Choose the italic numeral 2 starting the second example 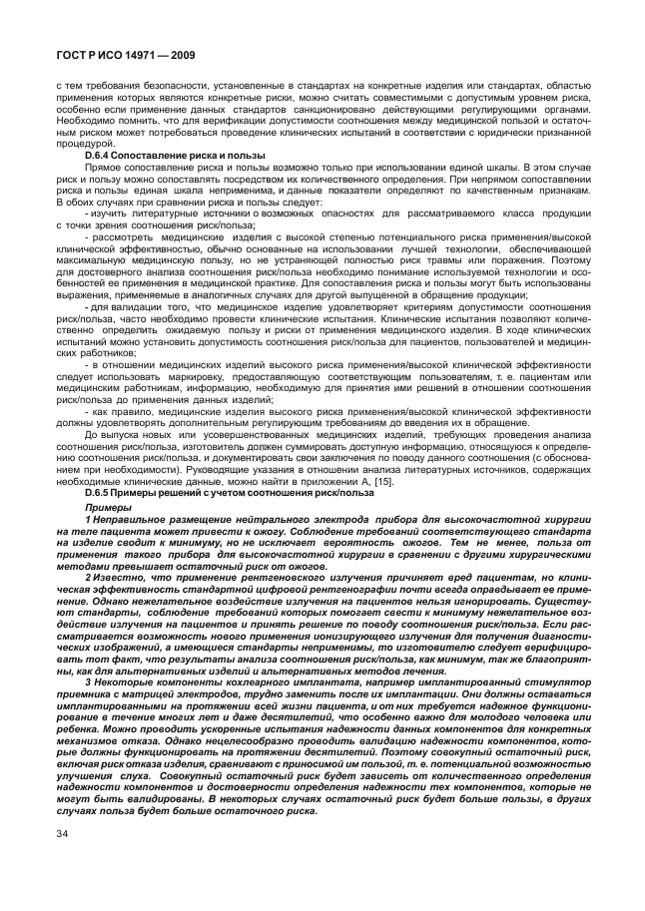coord(87,577)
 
